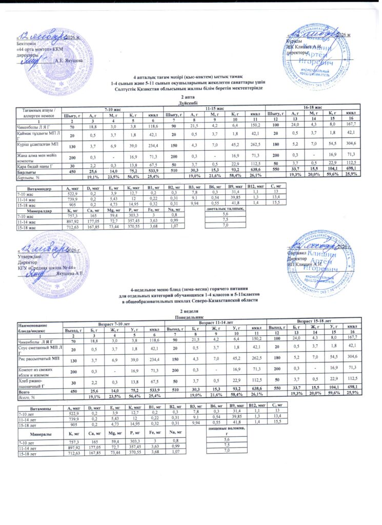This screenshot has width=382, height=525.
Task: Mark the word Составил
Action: [x=297, y=253]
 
